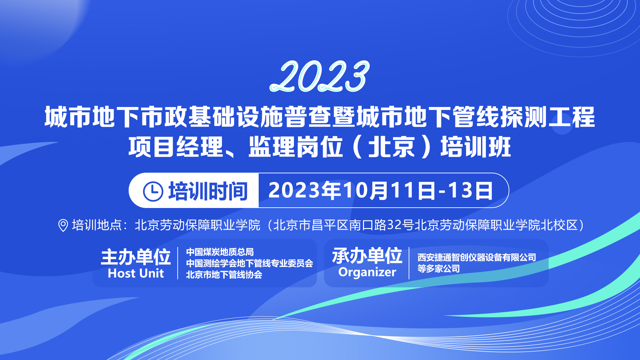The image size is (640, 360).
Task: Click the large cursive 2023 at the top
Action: (x=319, y=77)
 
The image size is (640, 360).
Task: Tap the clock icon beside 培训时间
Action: (x=153, y=191)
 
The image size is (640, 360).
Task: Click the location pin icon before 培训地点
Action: (x=63, y=225)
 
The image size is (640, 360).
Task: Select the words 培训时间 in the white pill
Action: (x=208, y=191)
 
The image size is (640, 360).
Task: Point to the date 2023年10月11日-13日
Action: (x=380, y=191)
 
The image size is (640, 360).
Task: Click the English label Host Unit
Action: (x=136, y=274)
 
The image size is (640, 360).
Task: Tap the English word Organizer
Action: (x=367, y=272)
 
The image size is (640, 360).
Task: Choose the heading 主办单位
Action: (x=136, y=257)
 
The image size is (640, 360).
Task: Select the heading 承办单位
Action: (x=367, y=256)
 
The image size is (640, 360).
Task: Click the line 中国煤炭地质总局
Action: (x=220, y=252)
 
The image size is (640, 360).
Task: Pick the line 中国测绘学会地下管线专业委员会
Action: (x=249, y=263)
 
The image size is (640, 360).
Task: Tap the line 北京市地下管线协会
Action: (x=224, y=275)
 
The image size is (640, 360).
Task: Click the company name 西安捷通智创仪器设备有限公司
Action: (x=477, y=257)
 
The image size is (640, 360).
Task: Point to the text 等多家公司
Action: (x=439, y=269)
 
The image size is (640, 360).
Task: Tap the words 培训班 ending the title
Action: (x=476, y=147)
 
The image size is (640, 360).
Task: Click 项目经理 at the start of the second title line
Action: (x=176, y=147)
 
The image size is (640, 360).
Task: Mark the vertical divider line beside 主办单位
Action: (x=178, y=263)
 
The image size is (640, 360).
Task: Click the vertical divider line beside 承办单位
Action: (x=409, y=263)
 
